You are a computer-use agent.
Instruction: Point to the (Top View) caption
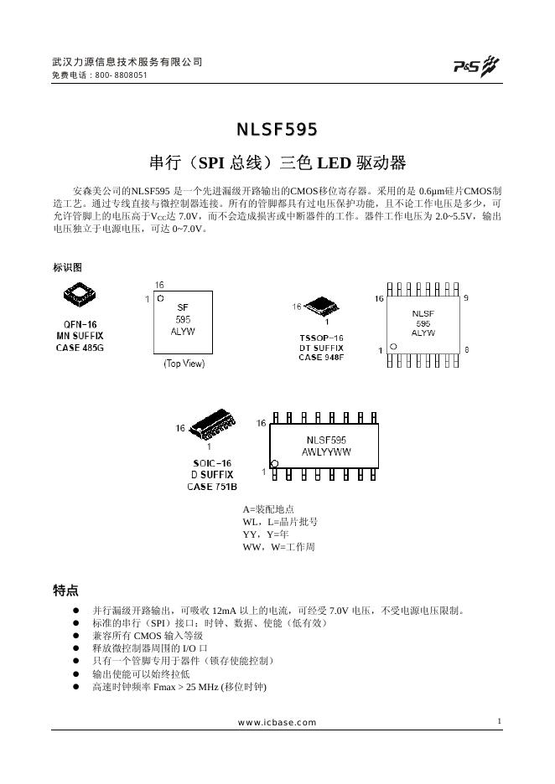click(x=184, y=364)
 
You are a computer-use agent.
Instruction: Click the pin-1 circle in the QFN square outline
click(x=160, y=297)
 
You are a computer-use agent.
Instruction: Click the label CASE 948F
click(x=321, y=358)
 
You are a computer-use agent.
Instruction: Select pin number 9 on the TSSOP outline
click(x=466, y=298)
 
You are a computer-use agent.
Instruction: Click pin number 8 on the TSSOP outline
click(x=466, y=348)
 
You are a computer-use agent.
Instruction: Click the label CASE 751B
click(x=211, y=487)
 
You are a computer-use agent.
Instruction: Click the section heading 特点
click(x=66, y=591)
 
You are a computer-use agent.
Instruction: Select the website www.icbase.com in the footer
click(x=277, y=722)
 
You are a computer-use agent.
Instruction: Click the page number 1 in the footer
click(x=499, y=721)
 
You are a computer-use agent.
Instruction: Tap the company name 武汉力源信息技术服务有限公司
click(x=127, y=62)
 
